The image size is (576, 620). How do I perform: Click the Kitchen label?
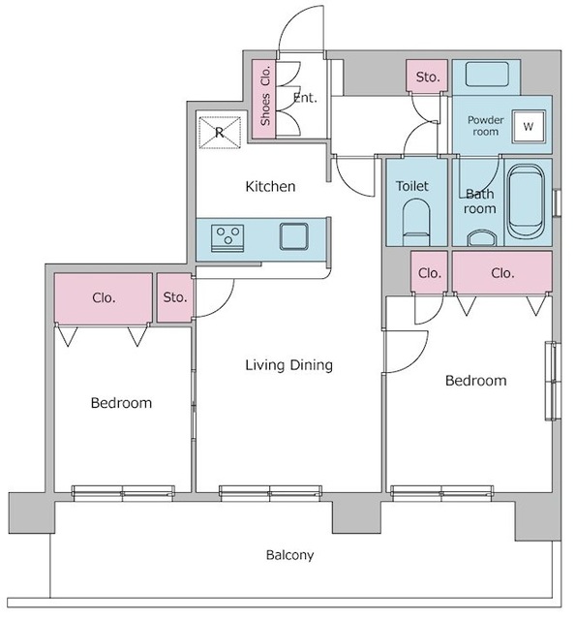pyautogui.click(x=270, y=186)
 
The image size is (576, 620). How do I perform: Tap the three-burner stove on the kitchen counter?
pyautogui.click(x=227, y=238)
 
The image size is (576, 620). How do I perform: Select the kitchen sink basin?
pyautogui.click(x=294, y=236)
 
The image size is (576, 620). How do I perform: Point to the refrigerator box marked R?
pyautogui.click(x=220, y=133)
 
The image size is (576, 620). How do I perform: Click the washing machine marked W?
pyautogui.click(x=529, y=126)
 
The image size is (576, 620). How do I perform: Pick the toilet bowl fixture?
pyautogui.click(x=416, y=222)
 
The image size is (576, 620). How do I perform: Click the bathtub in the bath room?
pyautogui.click(x=525, y=201)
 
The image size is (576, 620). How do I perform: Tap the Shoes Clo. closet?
pyautogui.click(x=263, y=99)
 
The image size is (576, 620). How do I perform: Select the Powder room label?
pyautogui.click(x=486, y=126)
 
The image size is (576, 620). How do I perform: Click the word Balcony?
pyautogui.click(x=290, y=555)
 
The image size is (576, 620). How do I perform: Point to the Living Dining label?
pyautogui.click(x=288, y=365)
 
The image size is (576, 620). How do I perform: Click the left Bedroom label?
pyautogui.click(x=121, y=403)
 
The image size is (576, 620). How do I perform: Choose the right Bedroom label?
pyautogui.click(x=475, y=381)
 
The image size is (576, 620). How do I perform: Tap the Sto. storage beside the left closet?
pyautogui.click(x=174, y=297)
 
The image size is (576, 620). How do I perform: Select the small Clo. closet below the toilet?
pyautogui.click(x=429, y=273)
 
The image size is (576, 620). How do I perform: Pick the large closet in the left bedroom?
pyautogui.click(x=104, y=297)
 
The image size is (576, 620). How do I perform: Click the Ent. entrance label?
pyautogui.click(x=305, y=98)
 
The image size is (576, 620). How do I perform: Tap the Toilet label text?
pyautogui.click(x=412, y=186)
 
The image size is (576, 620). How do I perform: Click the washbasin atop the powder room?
pyautogui.click(x=487, y=75)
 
